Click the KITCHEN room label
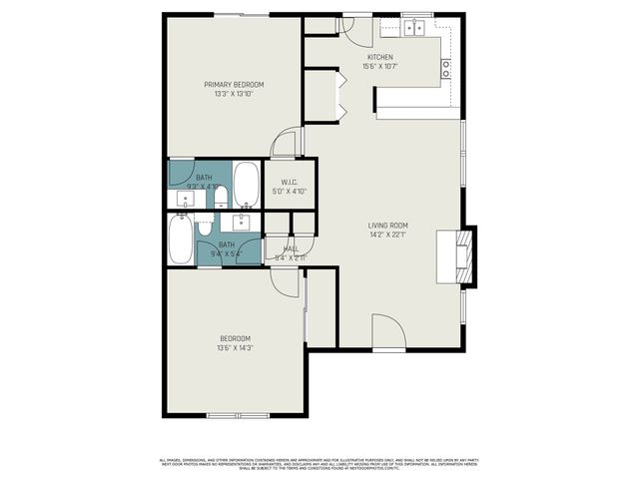[379, 58]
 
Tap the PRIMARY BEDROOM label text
[234, 85]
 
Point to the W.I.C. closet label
[290, 182]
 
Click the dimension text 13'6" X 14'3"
[235, 348]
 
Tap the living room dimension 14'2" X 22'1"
[388, 236]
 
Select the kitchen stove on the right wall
[445, 69]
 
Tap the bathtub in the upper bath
[246, 186]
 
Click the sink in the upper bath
[184, 200]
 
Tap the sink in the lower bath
[243, 220]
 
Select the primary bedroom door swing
[287, 143]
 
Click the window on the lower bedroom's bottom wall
[237, 415]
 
